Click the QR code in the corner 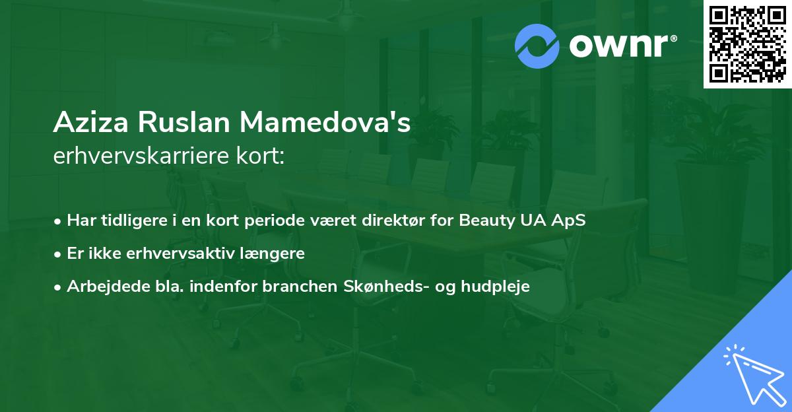(747, 44)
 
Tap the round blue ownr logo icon (537, 46)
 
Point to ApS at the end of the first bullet (570, 221)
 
